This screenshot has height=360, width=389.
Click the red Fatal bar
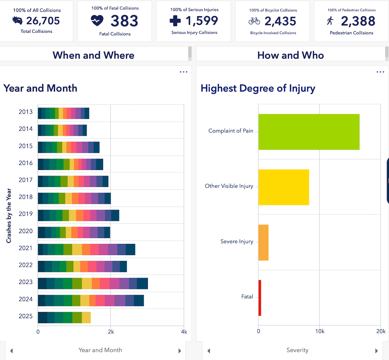tap(260, 298)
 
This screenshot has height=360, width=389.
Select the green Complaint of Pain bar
tap(308, 132)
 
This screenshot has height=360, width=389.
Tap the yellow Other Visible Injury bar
tap(283, 187)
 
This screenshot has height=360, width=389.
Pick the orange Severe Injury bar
tap(263, 242)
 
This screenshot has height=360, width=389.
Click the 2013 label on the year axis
tap(25, 112)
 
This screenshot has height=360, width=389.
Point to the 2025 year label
tap(25, 317)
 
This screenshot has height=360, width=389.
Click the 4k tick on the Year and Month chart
tap(184, 332)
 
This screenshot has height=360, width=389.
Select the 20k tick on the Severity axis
tap(380, 331)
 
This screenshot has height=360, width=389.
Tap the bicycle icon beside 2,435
tap(254, 21)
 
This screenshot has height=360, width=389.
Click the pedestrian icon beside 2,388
tap(330, 21)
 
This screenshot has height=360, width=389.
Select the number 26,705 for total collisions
tap(43, 21)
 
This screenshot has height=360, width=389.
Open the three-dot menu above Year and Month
tap(183, 72)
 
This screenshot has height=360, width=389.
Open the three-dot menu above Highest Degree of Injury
tap(380, 72)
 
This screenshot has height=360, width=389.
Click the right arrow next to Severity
tap(376, 350)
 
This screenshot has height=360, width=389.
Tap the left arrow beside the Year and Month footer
tap(11, 350)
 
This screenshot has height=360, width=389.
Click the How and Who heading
tap(290, 55)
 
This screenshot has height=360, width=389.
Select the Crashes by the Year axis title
tap(8, 216)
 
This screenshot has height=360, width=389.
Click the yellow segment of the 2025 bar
tap(86, 317)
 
